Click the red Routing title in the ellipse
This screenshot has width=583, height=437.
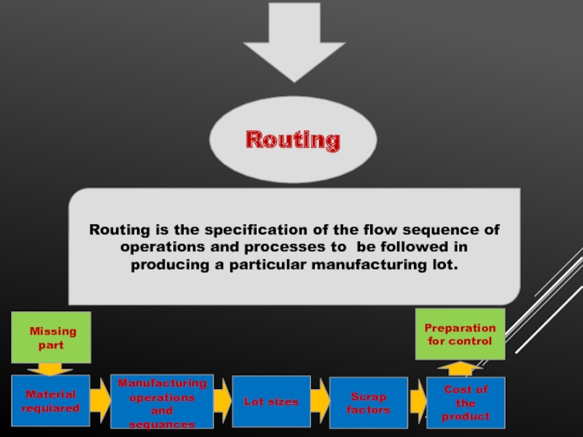click(293, 141)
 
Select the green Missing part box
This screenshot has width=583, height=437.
click(51, 337)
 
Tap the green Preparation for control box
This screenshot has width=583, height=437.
click(461, 334)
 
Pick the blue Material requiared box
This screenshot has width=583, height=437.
click(50, 401)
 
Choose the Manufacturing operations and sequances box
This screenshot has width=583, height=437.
click(162, 402)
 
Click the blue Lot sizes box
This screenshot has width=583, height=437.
click(271, 401)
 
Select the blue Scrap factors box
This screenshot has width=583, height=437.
click(369, 403)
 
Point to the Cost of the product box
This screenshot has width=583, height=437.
click(466, 403)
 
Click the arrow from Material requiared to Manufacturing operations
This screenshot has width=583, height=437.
click(101, 400)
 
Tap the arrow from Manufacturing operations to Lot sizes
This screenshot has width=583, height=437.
click(223, 401)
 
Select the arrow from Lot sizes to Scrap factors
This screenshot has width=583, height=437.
click(320, 401)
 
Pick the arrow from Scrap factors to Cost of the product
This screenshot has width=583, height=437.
click(418, 401)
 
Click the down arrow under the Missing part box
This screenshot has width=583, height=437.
click(50, 369)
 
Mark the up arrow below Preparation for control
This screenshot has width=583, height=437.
click(461, 369)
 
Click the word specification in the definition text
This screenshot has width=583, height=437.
click(257, 230)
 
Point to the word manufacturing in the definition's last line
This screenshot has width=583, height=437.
click(369, 265)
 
